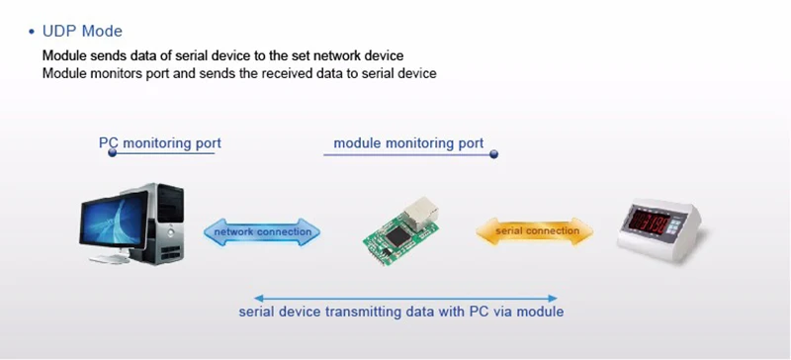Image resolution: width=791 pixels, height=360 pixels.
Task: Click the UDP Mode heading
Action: coord(82,32)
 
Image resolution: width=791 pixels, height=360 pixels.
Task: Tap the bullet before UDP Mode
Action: coord(33,32)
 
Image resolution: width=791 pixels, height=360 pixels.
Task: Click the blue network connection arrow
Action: coord(262,232)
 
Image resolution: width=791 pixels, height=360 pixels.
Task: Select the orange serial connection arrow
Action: coord(535,231)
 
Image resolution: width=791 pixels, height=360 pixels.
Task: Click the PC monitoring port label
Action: coord(160,143)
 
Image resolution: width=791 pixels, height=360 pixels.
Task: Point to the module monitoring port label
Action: coord(408,143)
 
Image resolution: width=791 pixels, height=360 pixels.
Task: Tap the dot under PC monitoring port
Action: coord(113,152)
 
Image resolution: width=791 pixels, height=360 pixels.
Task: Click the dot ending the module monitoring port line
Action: coord(493,154)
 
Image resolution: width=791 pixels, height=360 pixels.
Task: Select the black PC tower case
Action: coord(164,223)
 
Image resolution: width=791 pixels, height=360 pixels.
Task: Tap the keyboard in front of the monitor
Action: coord(110,259)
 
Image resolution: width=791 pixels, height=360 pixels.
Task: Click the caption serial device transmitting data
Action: coord(401,312)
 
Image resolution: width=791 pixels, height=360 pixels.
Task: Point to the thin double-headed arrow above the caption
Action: coord(405,299)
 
